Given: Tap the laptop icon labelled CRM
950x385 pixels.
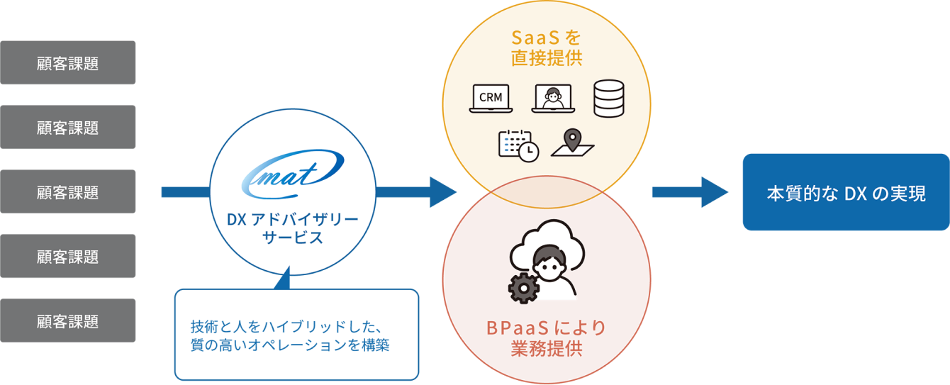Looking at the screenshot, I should [x=491, y=99].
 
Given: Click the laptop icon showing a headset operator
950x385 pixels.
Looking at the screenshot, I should [x=552, y=99].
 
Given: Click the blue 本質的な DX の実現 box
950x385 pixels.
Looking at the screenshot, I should [x=846, y=192].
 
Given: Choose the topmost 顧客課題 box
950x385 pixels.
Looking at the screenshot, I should [x=67, y=62].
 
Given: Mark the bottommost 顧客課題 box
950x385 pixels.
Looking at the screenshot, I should [x=67, y=320].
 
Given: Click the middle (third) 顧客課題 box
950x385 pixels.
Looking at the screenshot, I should [x=67, y=191].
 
